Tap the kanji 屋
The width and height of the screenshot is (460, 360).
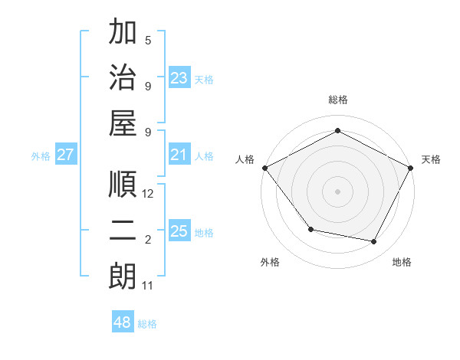(123, 123)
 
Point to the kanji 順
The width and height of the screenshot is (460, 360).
(123, 185)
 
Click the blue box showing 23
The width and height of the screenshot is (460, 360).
(179, 78)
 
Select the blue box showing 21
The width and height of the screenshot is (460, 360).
(179, 155)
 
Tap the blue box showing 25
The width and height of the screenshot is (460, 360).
(179, 232)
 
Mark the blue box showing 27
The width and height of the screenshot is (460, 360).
(66, 155)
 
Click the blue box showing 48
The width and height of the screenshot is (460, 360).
(123, 322)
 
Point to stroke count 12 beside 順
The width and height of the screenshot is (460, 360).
(149, 194)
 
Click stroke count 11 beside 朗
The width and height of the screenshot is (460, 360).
(148, 286)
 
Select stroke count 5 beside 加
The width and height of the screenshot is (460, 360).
(148, 41)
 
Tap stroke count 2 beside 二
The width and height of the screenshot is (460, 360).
(148, 240)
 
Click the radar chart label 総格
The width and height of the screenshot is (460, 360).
(337, 100)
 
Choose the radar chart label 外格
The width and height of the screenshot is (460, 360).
(270, 262)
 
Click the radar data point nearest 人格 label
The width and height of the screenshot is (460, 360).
(264, 168)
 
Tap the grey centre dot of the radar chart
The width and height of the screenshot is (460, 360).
(337, 191)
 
